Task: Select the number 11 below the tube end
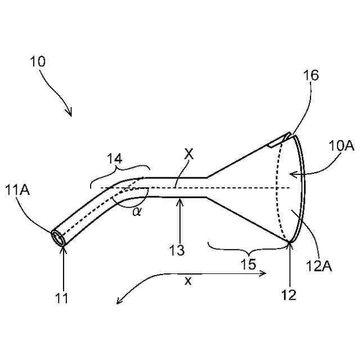coord(62,298)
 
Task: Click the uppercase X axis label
coord(189,154)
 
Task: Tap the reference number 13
coord(178,250)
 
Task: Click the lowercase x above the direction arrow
coord(188,282)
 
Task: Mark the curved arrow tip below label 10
coord(70,115)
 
